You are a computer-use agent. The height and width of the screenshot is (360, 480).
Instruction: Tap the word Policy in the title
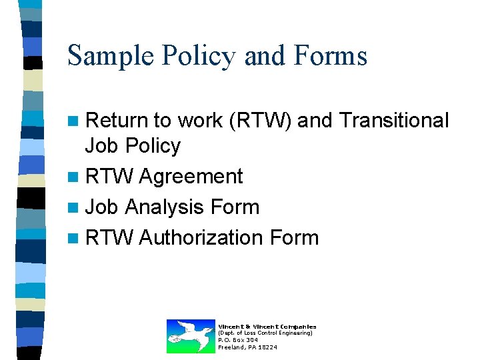[195, 55]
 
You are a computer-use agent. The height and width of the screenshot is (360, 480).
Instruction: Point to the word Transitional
[394, 121]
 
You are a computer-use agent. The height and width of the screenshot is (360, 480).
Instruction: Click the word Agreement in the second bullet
[191, 177]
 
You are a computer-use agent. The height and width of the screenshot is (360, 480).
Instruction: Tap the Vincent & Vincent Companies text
[267, 326]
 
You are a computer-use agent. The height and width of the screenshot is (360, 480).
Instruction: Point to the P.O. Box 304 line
[238, 340]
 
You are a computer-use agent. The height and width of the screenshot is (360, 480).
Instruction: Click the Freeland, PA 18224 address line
[247, 347]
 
